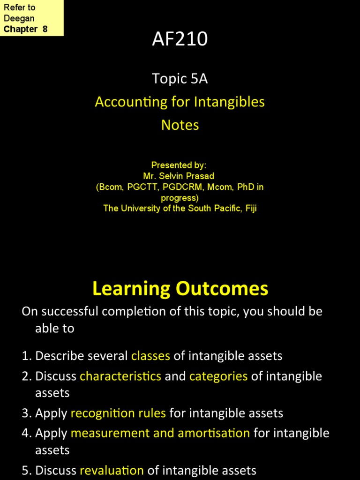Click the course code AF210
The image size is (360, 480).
click(180, 39)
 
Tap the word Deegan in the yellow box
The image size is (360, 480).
click(19, 18)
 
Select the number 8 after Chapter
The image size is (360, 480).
click(45, 29)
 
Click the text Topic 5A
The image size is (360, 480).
click(180, 79)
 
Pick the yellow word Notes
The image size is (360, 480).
click(180, 125)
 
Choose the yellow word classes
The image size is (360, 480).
click(150, 356)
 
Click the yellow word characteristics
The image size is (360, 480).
click(120, 376)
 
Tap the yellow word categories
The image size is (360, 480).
click(218, 376)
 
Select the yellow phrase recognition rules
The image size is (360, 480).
click(118, 413)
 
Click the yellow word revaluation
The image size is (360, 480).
click(112, 470)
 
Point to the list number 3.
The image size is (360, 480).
click(26, 413)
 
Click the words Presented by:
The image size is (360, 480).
click(179, 165)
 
